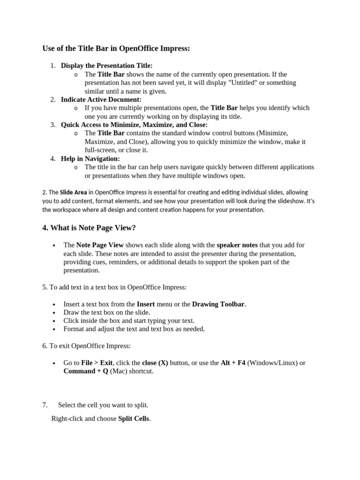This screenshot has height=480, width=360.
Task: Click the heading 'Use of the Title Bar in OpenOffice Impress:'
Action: pos(116,48)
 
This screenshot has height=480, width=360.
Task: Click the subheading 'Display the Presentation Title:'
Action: pos(106,66)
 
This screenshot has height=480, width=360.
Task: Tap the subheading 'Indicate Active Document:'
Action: pos(101,99)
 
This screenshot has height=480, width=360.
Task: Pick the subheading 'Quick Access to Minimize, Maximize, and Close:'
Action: pos(134,125)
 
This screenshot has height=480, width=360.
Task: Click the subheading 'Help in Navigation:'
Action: pos(90,159)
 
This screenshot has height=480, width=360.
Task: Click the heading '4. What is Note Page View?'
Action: pos(89,228)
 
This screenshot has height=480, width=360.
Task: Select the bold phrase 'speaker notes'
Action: pos(237,245)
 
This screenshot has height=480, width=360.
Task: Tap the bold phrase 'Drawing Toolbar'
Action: pos(218,304)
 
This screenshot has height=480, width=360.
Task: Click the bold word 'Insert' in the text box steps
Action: pos(146,304)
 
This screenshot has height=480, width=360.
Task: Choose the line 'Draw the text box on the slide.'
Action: pos(107,312)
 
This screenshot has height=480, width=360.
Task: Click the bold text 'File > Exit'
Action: pos(97,363)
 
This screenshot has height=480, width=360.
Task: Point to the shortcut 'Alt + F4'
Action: pos(233,363)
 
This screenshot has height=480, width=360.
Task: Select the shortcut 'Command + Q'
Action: pos(86,371)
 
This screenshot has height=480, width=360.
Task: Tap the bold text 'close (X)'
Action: pos(155,363)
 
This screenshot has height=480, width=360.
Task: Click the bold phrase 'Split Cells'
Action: pos(133,419)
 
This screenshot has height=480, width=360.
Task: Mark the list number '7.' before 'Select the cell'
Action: pos(45,405)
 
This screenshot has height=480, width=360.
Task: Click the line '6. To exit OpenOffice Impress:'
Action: pos(86,346)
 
